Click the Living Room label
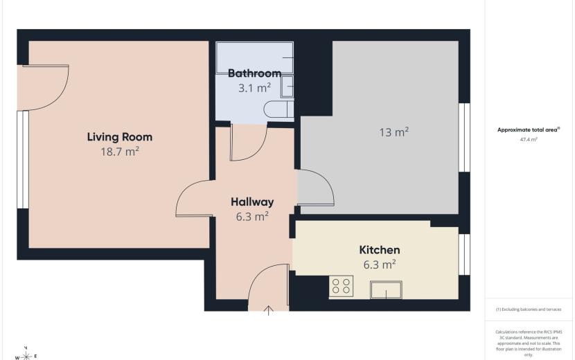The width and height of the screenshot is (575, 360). coord(120,137)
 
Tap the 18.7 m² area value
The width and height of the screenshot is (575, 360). coord(120,152)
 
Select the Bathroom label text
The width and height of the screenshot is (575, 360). coord(254,73)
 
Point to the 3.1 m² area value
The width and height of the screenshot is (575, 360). coord(254,88)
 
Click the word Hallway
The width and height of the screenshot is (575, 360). coord(252,202)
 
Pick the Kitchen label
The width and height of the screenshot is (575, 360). coord(380,250)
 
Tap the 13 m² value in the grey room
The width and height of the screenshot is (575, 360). coord(394,132)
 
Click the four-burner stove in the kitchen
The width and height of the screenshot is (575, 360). coord(341,286)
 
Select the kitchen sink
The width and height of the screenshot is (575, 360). coord(386,289)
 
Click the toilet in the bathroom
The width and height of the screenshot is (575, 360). coord(278,109)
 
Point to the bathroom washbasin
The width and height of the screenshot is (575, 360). coord(287,87)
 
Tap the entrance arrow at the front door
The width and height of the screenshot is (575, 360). coord(269,311)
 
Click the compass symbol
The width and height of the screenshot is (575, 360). coord(26,355)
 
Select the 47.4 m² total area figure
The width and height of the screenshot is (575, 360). coord(529,139)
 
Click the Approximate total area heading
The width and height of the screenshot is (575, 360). coord(529,129)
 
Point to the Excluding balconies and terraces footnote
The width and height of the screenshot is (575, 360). coord(529,309)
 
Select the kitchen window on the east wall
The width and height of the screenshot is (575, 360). coord(464,254)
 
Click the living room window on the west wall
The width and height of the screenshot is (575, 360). coord(23,160)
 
